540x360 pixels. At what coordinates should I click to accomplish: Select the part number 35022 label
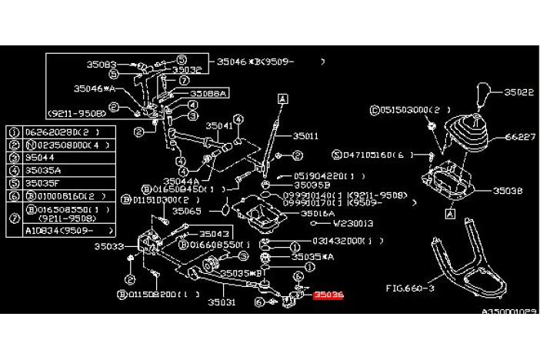tap(519, 92)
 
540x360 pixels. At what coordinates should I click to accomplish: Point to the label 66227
tap(519, 138)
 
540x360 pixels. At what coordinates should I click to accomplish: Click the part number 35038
tap(508, 189)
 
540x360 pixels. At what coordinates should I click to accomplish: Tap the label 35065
tap(186, 209)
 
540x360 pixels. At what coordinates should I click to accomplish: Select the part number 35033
tap(108, 247)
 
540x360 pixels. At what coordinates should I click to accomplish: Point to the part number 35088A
tap(207, 92)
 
